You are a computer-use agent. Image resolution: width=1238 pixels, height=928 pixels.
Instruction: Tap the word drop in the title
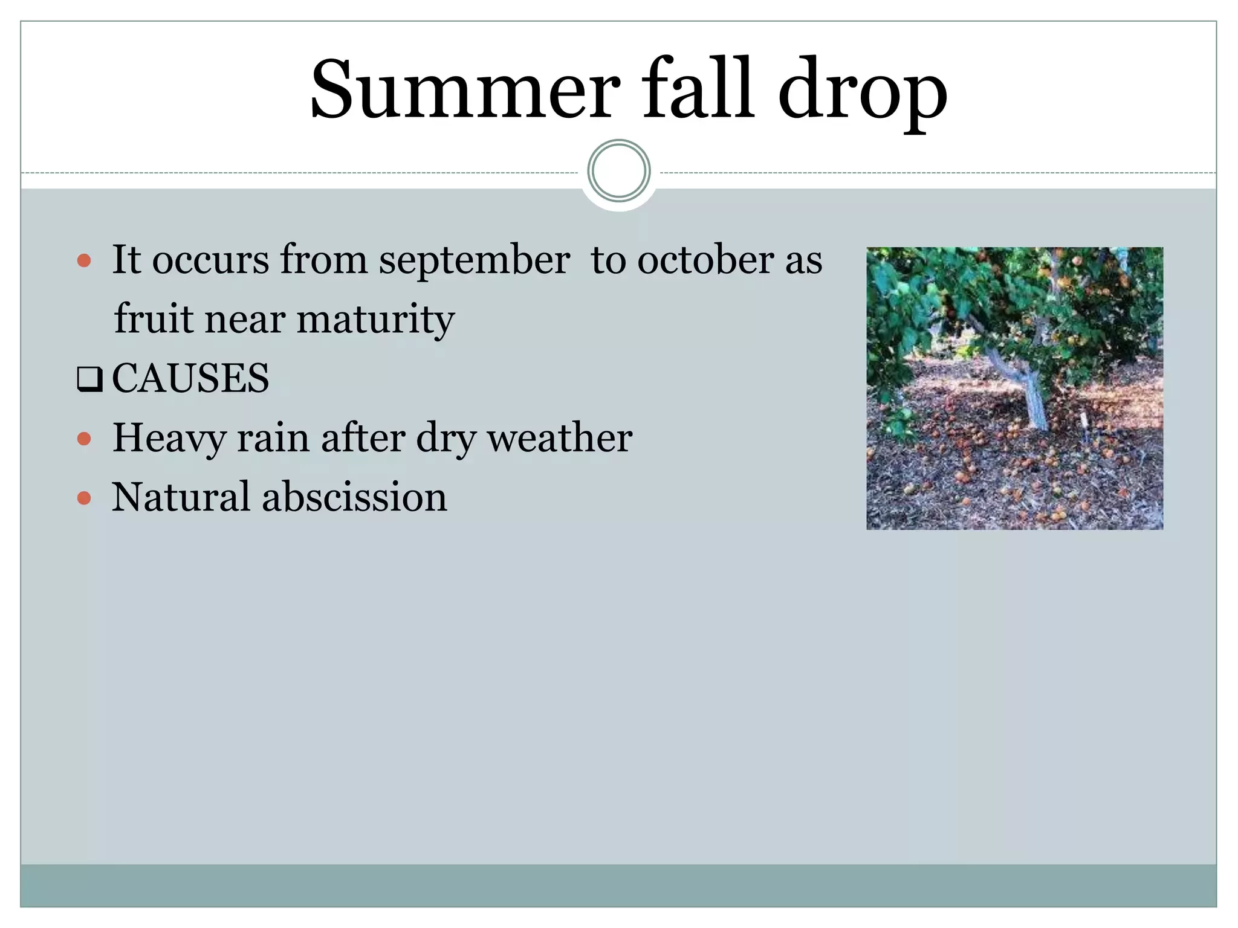863,94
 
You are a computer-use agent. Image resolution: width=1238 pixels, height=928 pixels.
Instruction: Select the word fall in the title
698,88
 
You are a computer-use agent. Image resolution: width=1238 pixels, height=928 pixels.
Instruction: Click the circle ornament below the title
618,171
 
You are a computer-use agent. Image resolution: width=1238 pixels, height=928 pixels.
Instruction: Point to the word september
474,262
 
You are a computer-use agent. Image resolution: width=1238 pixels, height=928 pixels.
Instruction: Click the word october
705,260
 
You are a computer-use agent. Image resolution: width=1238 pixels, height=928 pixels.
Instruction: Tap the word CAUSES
190,378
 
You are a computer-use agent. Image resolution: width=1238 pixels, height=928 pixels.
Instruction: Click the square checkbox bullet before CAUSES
89,380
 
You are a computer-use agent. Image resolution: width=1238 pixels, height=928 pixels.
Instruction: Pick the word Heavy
169,439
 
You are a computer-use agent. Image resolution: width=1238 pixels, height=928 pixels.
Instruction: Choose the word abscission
354,497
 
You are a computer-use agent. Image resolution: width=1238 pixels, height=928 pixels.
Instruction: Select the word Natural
181,497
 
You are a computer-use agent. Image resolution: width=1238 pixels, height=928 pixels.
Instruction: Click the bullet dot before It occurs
85,261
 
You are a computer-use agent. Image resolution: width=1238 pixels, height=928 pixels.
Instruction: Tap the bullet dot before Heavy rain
85,439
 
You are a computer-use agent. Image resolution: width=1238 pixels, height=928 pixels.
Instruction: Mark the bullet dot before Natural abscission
85,498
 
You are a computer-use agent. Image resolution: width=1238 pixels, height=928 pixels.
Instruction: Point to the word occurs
210,261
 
